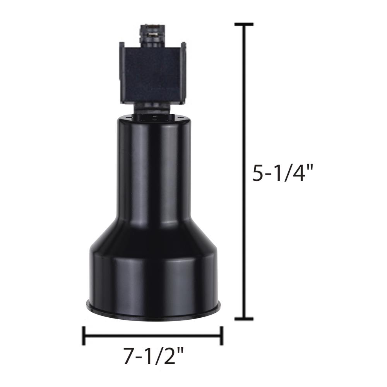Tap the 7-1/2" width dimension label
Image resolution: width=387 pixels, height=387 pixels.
tap(154, 356)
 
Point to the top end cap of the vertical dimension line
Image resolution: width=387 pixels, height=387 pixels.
tap(244, 24)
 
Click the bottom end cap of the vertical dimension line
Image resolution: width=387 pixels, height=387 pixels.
tap(244, 319)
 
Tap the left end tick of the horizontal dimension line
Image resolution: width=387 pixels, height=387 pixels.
tap(84, 336)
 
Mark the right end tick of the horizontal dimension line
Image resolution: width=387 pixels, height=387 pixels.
tap(221, 336)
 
